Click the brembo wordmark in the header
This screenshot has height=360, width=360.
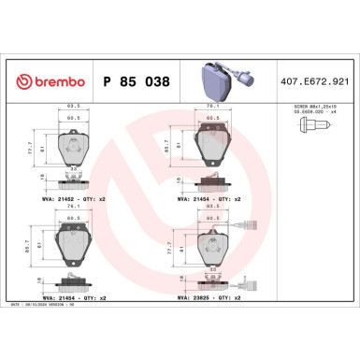58,82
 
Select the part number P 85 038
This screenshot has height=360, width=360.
137,82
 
